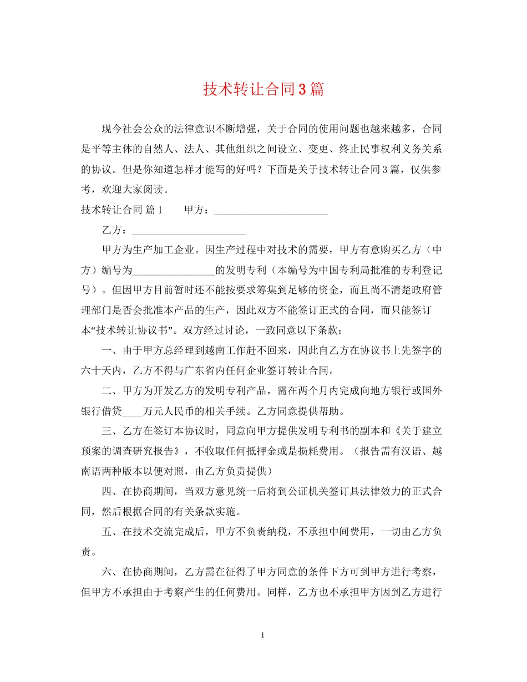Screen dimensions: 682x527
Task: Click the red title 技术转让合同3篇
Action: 263,89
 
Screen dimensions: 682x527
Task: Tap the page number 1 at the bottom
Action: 263,635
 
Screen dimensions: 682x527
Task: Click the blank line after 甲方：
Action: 271,212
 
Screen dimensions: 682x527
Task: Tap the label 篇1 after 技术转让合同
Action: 153,210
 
